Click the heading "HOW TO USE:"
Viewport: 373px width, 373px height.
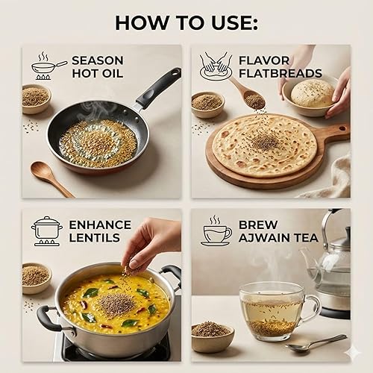pos(186,22)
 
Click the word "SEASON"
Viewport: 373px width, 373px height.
pos(97,60)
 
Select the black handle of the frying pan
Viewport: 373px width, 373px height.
pos(158,86)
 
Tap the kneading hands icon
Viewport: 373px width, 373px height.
pos(216,66)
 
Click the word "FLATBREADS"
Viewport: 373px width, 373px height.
pos(280,73)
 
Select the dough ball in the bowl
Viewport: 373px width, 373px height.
pos(312,93)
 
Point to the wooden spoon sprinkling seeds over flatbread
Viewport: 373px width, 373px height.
pos(246,93)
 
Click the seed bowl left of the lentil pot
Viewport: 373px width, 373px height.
pos(35,277)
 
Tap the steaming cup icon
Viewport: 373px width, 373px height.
pos(216,231)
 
